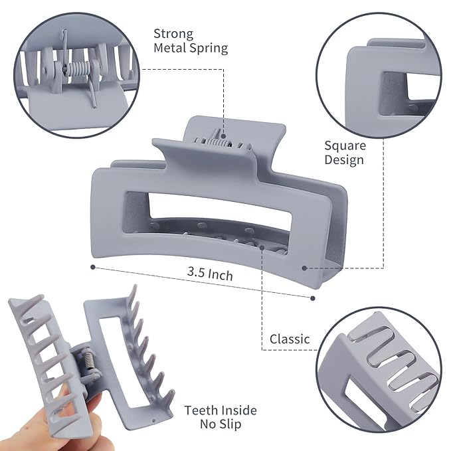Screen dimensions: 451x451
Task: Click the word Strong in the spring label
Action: (x=173, y=33)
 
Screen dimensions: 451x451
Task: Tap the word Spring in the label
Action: (x=209, y=48)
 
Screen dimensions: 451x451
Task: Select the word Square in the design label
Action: (x=345, y=145)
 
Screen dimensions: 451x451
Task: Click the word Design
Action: (x=344, y=159)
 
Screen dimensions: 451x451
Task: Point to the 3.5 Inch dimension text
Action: (x=210, y=273)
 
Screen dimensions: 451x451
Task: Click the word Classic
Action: (x=290, y=339)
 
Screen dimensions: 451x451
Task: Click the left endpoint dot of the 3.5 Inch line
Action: (x=92, y=268)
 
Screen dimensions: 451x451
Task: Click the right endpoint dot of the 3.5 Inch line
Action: (x=312, y=298)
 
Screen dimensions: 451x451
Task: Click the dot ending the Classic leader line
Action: (x=264, y=247)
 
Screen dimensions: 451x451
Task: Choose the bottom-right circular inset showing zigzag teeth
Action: (x=379, y=371)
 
